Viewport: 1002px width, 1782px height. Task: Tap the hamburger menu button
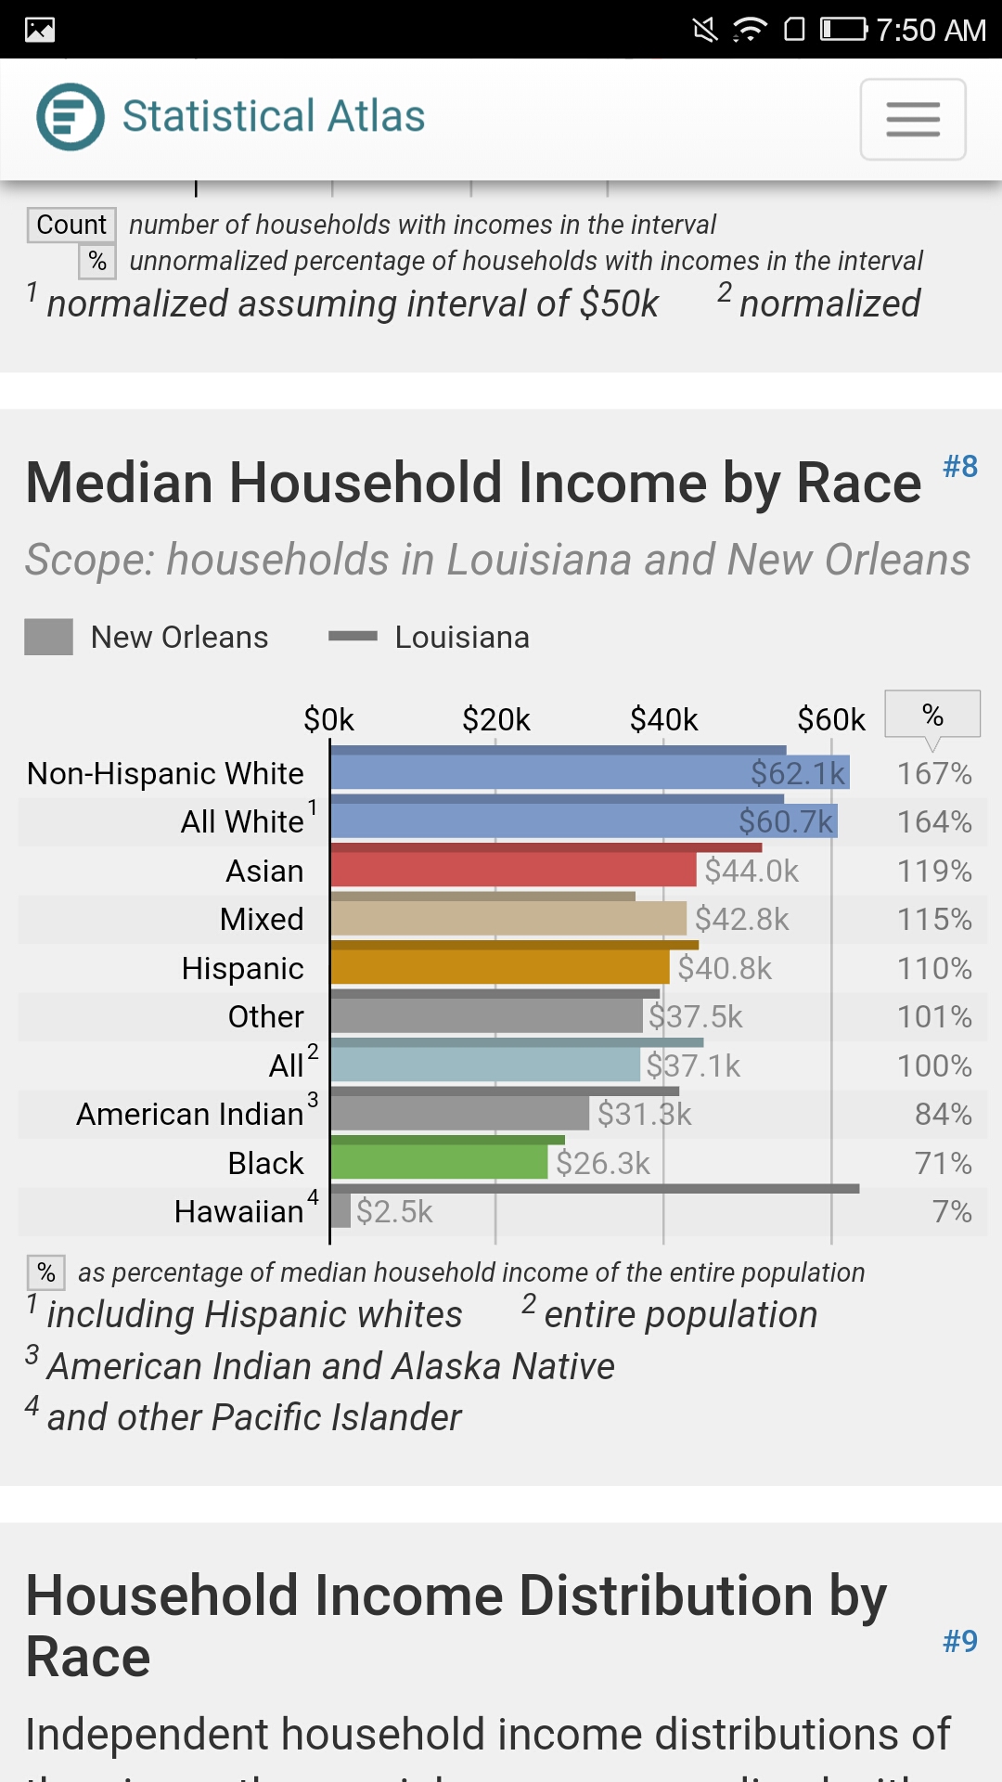(913, 119)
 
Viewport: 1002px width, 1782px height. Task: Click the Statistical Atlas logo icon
(71, 117)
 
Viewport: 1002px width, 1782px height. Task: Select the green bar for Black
(439, 1162)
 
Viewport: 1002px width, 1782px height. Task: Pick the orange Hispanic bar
(500, 967)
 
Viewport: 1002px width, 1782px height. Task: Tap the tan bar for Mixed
(508, 919)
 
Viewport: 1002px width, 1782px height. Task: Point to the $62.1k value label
(798, 773)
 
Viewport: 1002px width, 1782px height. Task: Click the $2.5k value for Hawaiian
(394, 1211)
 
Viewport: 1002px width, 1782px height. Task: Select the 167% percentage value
(934, 773)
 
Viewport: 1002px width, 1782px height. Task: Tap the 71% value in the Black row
(943, 1163)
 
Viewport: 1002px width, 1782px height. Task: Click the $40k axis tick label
(663, 719)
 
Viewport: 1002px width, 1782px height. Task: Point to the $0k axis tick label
(329, 719)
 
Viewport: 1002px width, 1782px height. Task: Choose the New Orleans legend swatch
(48, 638)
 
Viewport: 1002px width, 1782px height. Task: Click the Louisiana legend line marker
(353, 637)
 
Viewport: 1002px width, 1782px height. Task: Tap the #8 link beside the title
(960, 466)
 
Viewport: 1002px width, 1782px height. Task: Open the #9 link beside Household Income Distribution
(960, 1641)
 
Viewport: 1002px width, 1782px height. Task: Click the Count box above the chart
(71, 225)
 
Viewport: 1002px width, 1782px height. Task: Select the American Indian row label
(190, 1114)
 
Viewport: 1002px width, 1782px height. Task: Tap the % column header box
(932, 715)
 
